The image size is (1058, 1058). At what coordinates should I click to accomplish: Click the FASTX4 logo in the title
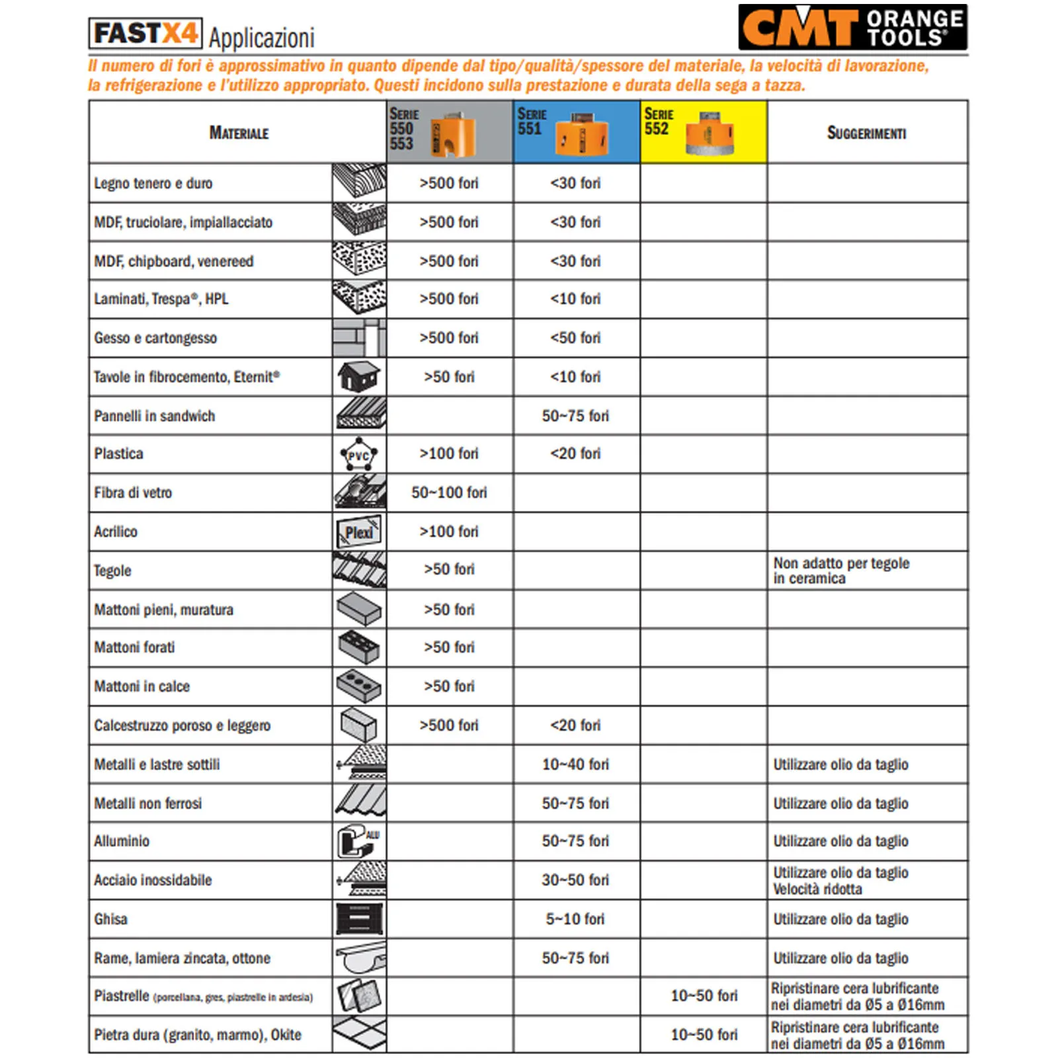pyautogui.click(x=145, y=33)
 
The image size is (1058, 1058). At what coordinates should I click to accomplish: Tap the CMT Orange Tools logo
pyautogui.click(x=852, y=28)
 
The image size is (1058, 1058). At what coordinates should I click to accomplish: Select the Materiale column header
pyautogui.click(x=239, y=133)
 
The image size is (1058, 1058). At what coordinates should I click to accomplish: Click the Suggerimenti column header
pyautogui.click(x=866, y=133)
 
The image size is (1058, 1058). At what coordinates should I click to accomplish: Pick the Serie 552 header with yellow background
pyautogui.click(x=703, y=132)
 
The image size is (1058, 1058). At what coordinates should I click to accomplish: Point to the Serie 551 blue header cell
pyautogui.click(x=576, y=132)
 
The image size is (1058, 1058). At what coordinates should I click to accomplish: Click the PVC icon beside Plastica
pyautogui.click(x=358, y=455)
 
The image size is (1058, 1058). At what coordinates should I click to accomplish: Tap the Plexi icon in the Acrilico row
pyautogui.click(x=358, y=532)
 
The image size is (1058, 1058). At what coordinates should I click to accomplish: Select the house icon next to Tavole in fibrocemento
pyautogui.click(x=358, y=377)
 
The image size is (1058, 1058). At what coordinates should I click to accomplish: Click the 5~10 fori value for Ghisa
pyautogui.click(x=575, y=919)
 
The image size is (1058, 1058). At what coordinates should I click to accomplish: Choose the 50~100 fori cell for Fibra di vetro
pyautogui.click(x=449, y=493)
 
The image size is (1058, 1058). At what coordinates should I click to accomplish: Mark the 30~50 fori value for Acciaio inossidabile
pyautogui.click(x=575, y=880)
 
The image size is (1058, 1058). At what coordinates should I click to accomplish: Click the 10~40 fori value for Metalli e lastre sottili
pyautogui.click(x=575, y=764)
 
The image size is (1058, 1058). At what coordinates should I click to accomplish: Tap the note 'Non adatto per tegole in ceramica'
pyautogui.click(x=841, y=571)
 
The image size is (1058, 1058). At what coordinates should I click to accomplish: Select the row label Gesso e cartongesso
pyautogui.click(x=155, y=338)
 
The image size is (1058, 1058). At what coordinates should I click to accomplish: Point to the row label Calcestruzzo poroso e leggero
pyautogui.click(x=183, y=725)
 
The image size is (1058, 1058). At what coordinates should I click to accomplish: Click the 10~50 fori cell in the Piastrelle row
pyautogui.click(x=704, y=996)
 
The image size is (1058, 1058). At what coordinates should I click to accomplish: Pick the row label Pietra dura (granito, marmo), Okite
pyautogui.click(x=198, y=1035)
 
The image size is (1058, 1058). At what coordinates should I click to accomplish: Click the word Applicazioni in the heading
pyautogui.click(x=262, y=38)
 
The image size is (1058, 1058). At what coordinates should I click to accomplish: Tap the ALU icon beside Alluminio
pyautogui.click(x=358, y=841)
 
